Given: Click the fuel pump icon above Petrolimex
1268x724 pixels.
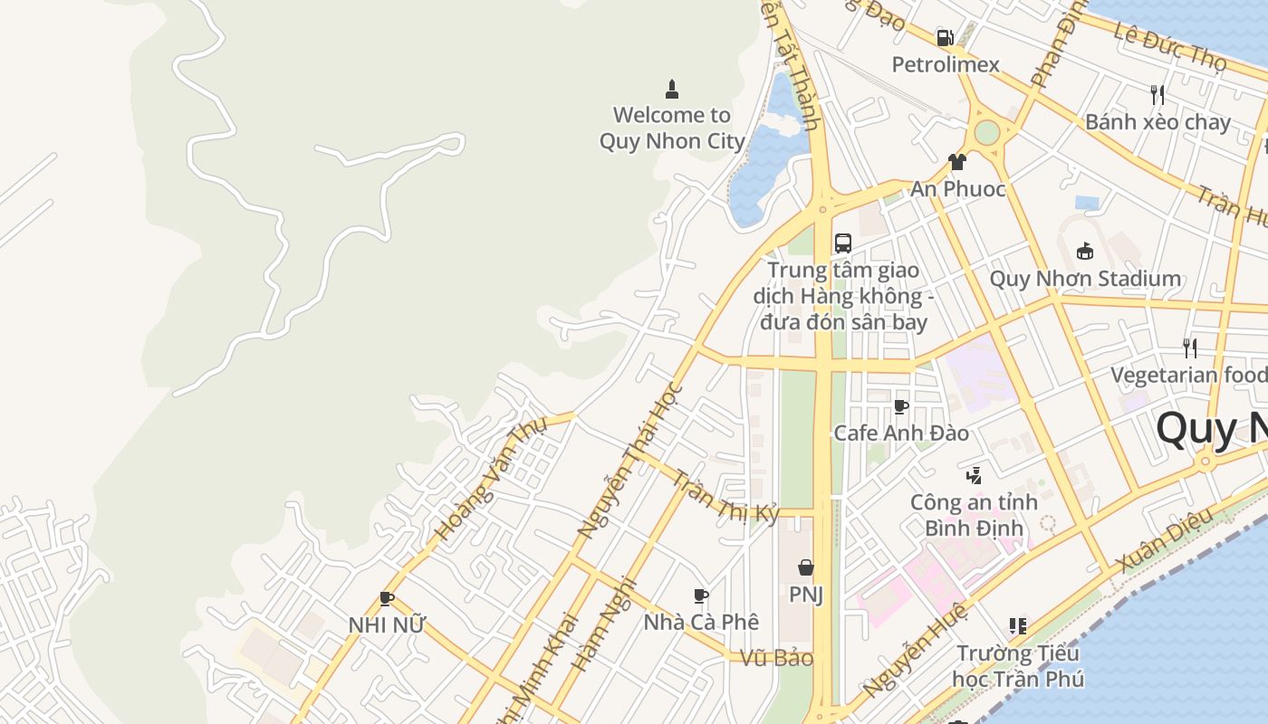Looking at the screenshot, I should (x=945, y=38).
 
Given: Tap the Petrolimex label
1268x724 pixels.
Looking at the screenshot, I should (x=946, y=64).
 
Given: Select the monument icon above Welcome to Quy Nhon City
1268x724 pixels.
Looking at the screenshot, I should (x=672, y=89).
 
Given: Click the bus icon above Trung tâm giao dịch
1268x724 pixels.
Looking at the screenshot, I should (x=843, y=243).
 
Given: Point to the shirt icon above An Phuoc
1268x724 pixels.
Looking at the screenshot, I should (x=957, y=162).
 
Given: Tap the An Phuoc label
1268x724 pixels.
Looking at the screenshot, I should (x=957, y=188).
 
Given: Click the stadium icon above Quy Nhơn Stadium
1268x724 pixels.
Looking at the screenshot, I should (x=1084, y=252).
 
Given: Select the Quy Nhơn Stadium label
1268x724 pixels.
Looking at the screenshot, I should (x=1084, y=278).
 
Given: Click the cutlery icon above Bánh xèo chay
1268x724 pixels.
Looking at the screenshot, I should (x=1157, y=94).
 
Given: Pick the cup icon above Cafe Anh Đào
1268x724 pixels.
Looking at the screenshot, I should (x=900, y=406).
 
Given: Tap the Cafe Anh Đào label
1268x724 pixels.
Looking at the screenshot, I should (x=900, y=433).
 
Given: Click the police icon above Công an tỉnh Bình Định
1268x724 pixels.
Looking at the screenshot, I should (x=974, y=475).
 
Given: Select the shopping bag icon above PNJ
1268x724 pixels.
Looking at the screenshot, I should (x=805, y=567).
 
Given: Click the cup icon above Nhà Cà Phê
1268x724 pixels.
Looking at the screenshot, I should (x=700, y=595).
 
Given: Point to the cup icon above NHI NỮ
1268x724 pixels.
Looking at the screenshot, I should (x=387, y=598).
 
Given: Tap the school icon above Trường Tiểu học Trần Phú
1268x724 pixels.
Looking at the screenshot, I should (x=1017, y=626).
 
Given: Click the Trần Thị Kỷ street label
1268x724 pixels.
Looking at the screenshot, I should (x=726, y=496).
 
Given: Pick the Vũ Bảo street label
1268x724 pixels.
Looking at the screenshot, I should (x=776, y=658).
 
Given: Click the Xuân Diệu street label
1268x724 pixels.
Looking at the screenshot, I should (x=1164, y=540).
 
